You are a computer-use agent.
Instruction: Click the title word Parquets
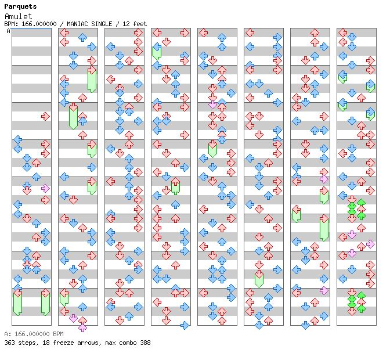point(20,7)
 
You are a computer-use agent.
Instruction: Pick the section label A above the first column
point(9,31)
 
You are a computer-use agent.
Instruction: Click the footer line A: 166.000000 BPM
point(34,334)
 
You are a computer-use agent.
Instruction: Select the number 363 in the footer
point(10,343)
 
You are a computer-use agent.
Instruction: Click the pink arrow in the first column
point(45,188)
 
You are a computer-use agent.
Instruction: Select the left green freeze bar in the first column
point(17,303)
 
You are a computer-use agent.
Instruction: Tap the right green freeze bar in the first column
point(45,303)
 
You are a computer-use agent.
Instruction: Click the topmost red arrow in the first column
point(45,116)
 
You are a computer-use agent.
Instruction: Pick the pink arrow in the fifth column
point(212,105)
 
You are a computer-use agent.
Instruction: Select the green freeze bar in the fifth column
point(212,149)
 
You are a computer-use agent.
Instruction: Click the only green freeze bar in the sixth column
point(259,279)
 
